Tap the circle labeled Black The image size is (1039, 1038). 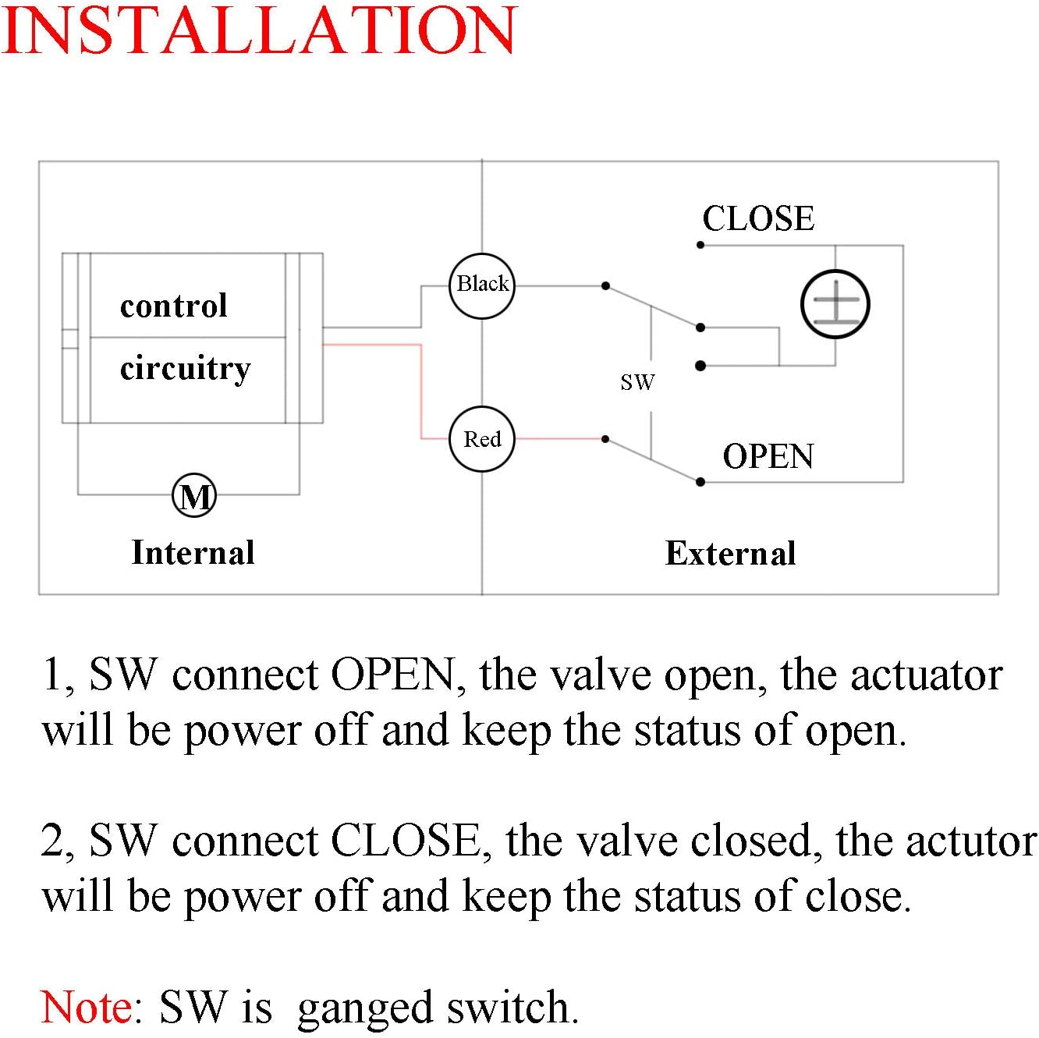click(483, 285)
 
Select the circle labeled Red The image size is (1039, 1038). click(483, 439)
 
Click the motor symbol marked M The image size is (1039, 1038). click(194, 495)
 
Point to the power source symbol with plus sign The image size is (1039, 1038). click(835, 304)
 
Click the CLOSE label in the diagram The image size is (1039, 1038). click(758, 218)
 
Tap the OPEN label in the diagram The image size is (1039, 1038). click(768, 456)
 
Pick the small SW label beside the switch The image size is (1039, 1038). click(637, 382)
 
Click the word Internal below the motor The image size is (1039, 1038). click(193, 552)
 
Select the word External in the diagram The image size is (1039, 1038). click(730, 553)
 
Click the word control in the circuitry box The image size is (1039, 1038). click(174, 306)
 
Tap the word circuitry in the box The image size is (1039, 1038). click(186, 368)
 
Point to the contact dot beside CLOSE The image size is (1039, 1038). click(700, 245)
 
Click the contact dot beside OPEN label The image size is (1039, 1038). click(700, 482)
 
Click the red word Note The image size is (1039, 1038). click(87, 1007)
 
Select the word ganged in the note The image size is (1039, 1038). click(365, 1008)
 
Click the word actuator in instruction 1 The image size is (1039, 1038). click(926, 675)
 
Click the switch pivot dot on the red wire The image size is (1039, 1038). click(605, 439)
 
